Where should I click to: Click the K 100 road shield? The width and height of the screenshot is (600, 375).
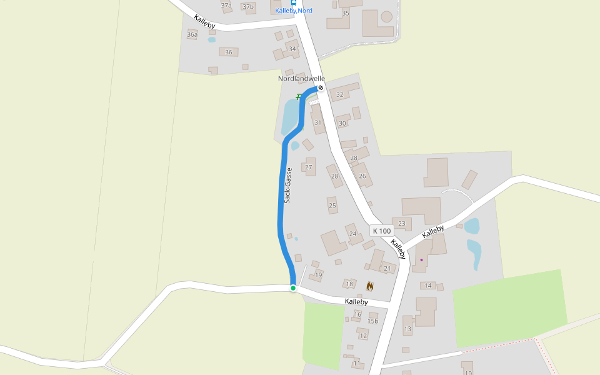click(x=382, y=231)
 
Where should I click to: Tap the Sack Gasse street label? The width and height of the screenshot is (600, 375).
click(x=288, y=186)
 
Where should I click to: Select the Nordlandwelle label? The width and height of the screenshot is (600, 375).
click(x=301, y=79)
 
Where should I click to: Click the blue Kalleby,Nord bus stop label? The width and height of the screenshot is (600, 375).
click(x=294, y=11)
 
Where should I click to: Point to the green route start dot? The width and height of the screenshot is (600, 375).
click(x=292, y=287)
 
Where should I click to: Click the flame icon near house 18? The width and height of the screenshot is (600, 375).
click(x=370, y=286)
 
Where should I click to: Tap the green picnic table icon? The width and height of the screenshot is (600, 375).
click(x=299, y=96)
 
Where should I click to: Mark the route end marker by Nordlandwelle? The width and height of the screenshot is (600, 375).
click(x=321, y=88)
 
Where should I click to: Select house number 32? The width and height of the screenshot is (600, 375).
click(x=340, y=95)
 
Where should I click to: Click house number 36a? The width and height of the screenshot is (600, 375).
click(x=192, y=35)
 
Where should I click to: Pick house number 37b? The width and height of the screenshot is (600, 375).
click(x=248, y=7)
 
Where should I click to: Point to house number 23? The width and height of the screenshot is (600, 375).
click(x=401, y=223)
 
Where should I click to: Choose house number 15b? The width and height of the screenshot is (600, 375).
click(x=374, y=321)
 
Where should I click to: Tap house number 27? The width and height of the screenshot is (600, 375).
click(x=308, y=167)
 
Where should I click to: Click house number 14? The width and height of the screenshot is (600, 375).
click(x=428, y=286)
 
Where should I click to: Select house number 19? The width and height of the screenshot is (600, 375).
click(x=318, y=275)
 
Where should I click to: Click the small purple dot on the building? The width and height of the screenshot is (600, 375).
click(x=421, y=260)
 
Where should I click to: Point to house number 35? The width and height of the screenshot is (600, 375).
click(x=346, y=13)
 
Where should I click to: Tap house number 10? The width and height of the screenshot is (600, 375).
click(x=468, y=372)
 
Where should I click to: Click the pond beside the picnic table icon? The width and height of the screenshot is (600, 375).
click(x=291, y=116)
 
